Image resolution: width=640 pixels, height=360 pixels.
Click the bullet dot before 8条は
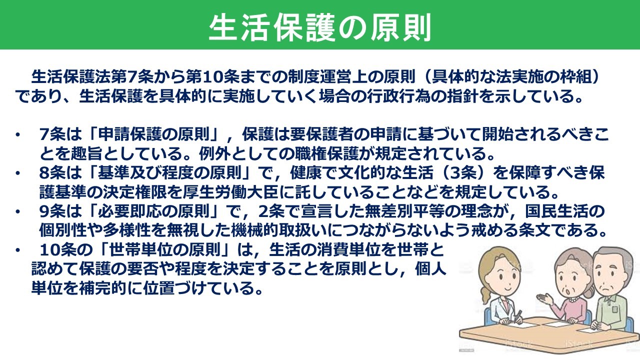click(x=18, y=173)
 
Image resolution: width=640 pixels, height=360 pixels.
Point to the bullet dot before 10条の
click(x=18, y=249)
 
